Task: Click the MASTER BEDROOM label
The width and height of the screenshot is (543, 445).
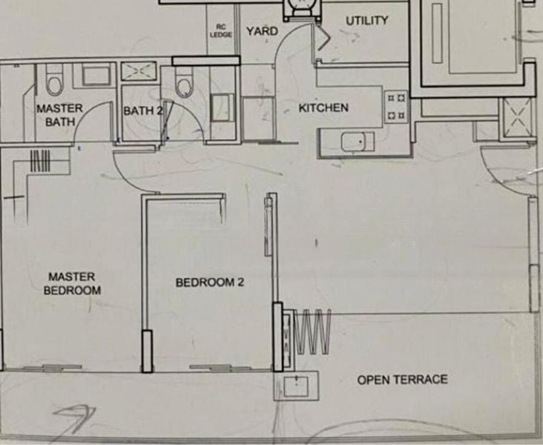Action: point(72,283)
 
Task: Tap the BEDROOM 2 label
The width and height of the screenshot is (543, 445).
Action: point(209,283)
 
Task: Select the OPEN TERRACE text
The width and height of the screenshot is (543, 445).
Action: point(402,380)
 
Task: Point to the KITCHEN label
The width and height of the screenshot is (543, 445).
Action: point(323,108)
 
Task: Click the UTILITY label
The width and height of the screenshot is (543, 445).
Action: point(366,21)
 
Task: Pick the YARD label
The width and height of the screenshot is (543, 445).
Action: point(262,31)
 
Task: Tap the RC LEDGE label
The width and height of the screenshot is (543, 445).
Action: point(220,31)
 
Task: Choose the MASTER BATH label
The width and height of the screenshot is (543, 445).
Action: point(59,115)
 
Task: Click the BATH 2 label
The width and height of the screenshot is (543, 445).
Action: point(143,111)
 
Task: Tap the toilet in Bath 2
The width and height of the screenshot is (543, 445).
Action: point(183,82)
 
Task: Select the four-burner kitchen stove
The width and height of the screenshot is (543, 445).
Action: point(397,107)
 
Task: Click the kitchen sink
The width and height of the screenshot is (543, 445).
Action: point(358,142)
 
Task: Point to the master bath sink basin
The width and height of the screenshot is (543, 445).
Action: point(96,76)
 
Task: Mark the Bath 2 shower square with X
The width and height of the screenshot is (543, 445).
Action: point(139,71)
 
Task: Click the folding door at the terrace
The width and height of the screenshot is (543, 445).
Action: point(312,332)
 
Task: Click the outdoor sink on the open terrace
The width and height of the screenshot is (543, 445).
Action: point(296,386)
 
